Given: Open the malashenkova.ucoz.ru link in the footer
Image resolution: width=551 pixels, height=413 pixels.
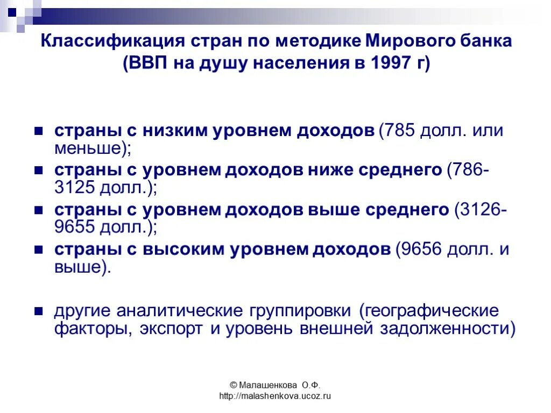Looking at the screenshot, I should coord(274,396).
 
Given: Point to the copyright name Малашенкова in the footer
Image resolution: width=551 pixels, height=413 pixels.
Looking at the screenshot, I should coord(266,385).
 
